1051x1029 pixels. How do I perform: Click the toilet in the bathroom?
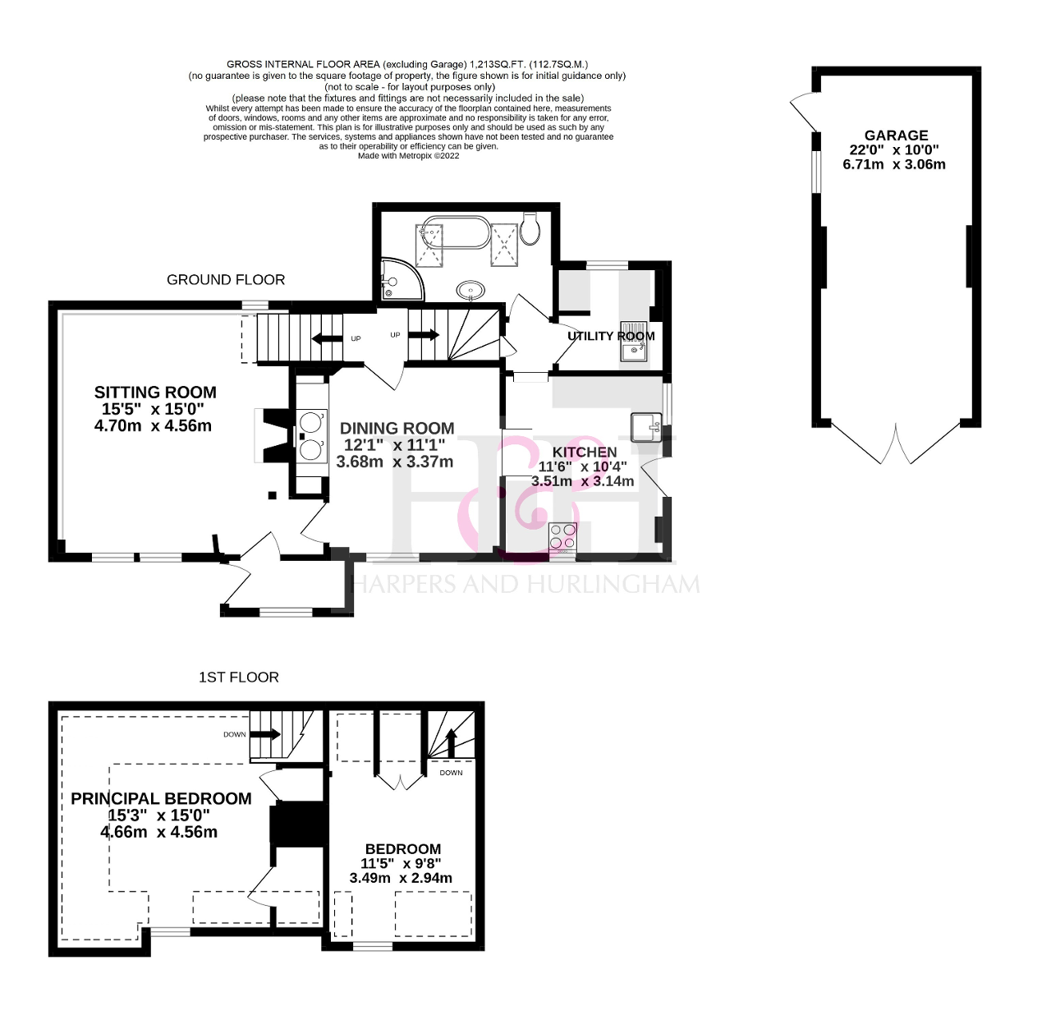pyautogui.click(x=529, y=228)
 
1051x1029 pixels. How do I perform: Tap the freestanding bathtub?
pyautogui.click(x=457, y=233)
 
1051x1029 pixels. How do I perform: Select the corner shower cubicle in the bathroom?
pyautogui.click(x=402, y=279)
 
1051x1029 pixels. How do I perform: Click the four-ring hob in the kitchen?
pyautogui.click(x=562, y=536)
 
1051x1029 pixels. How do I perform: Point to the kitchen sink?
pyautogui.click(x=646, y=427)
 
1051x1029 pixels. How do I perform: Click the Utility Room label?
pyautogui.click(x=611, y=336)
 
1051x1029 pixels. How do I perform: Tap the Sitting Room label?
pyautogui.click(x=155, y=393)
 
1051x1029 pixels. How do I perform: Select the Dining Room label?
pyautogui.click(x=397, y=429)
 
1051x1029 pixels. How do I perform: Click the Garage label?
pyautogui.click(x=896, y=136)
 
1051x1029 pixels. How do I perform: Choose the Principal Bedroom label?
pyautogui.click(x=162, y=799)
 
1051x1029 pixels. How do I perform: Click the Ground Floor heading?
pyautogui.click(x=226, y=280)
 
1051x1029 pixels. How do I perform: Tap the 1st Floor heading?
pyautogui.click(x=239, y=678)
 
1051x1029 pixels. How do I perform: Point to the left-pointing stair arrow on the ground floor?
pyautogui.click(x=328, y=339)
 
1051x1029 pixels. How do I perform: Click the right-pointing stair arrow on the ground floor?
pyautogui.click(x=424, y=334)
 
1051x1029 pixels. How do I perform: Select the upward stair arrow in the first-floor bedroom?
pyautogui.click(x=451, y=742)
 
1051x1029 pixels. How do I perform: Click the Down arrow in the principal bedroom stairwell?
pyautogui.click(x=265, y=734)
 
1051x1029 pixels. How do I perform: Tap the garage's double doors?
pyautogui.click(x=896, y=443)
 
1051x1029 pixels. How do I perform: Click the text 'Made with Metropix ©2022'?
pyautogui.click(x=409, y=156)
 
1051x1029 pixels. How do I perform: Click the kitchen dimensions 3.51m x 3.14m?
pyautogui.click(x=582, y=481)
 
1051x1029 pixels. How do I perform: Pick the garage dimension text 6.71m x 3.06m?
pyautogui.click(x=894, y=164)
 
